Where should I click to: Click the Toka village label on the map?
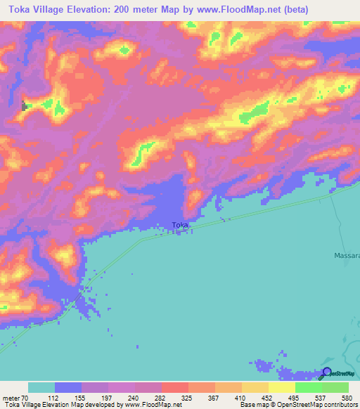(180, 226)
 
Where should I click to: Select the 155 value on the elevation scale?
(82, 398)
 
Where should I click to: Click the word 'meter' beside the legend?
(11, 398)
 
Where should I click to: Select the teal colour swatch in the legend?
(41, 387)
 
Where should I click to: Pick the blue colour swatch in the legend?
(68, 387)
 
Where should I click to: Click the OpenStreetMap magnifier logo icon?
(327, 372)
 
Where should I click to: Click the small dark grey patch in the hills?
(26, 106)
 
